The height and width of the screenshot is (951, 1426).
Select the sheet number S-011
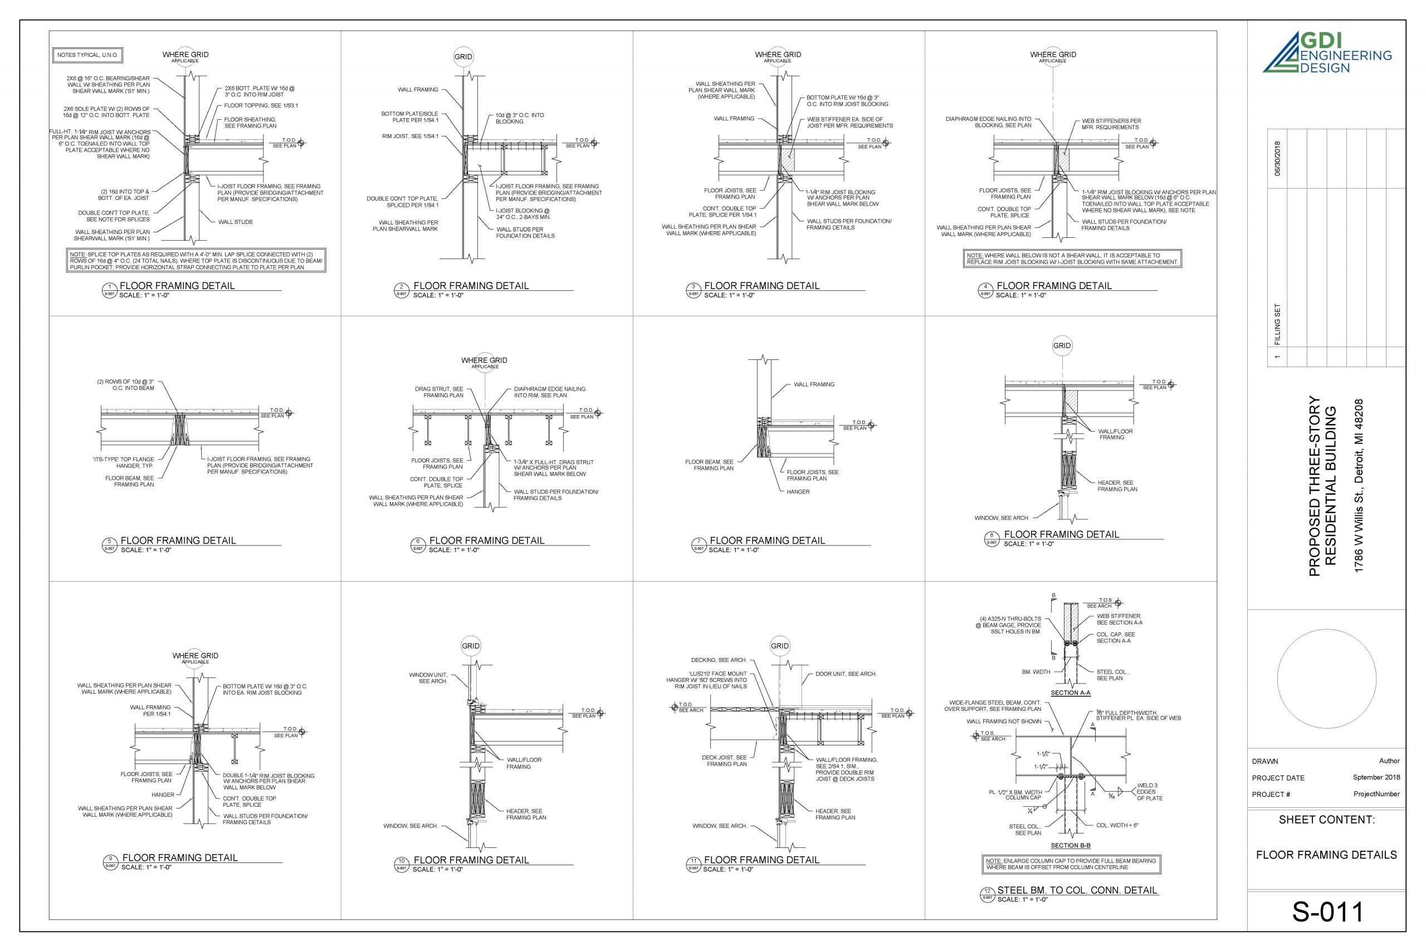tap(1327, 912)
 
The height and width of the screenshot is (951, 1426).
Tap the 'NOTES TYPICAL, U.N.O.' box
tap(87, 55)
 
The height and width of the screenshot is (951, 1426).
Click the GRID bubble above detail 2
tap(463, 57)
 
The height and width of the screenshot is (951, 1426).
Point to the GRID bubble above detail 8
tap(1062, 346)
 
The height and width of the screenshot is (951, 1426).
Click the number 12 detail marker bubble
tap(987, 891)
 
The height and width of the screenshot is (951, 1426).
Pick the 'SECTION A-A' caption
tap(1071, 692)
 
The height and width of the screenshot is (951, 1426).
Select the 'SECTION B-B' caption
tap(1071, 846)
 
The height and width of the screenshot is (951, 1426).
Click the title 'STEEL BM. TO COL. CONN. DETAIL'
tap(1077, 890)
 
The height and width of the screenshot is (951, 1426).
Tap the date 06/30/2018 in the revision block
tap(1277, 158)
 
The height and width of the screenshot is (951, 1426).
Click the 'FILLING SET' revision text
tap(1277, 324)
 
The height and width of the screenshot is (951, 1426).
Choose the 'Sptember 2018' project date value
tap(1376, 777)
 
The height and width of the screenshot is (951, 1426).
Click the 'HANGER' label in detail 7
tap(798, 492)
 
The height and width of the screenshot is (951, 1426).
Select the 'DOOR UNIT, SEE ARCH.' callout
tap(846, 674)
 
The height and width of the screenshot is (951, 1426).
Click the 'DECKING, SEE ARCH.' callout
tap(719, 660)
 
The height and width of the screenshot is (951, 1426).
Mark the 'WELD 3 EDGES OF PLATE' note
tap(1149, 792)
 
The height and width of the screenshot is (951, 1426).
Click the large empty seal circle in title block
tap(1326, 678)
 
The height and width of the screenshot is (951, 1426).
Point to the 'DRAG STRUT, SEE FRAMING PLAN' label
tap(439, 392)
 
